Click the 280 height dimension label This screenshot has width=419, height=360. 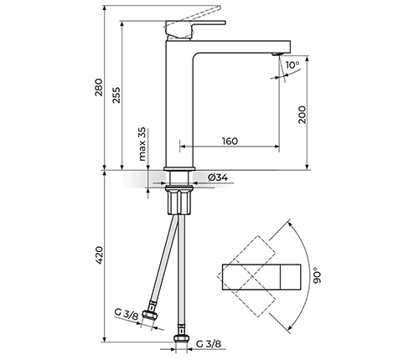(x=99, y=87)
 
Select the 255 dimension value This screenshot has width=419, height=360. (x=116, y=95)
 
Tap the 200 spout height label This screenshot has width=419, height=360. (x=303, y=115)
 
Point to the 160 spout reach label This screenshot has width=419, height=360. (x=230, y=141)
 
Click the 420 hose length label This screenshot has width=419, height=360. (x=99, y=255)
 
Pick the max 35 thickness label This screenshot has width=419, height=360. (x=142, y=144)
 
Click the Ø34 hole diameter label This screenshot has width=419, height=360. (x=218, y=177)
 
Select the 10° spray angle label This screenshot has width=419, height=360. (x=292, y=65)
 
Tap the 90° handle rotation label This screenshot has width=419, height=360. (x=317, y=275)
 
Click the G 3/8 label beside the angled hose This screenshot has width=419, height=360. (x=127, y=315)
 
